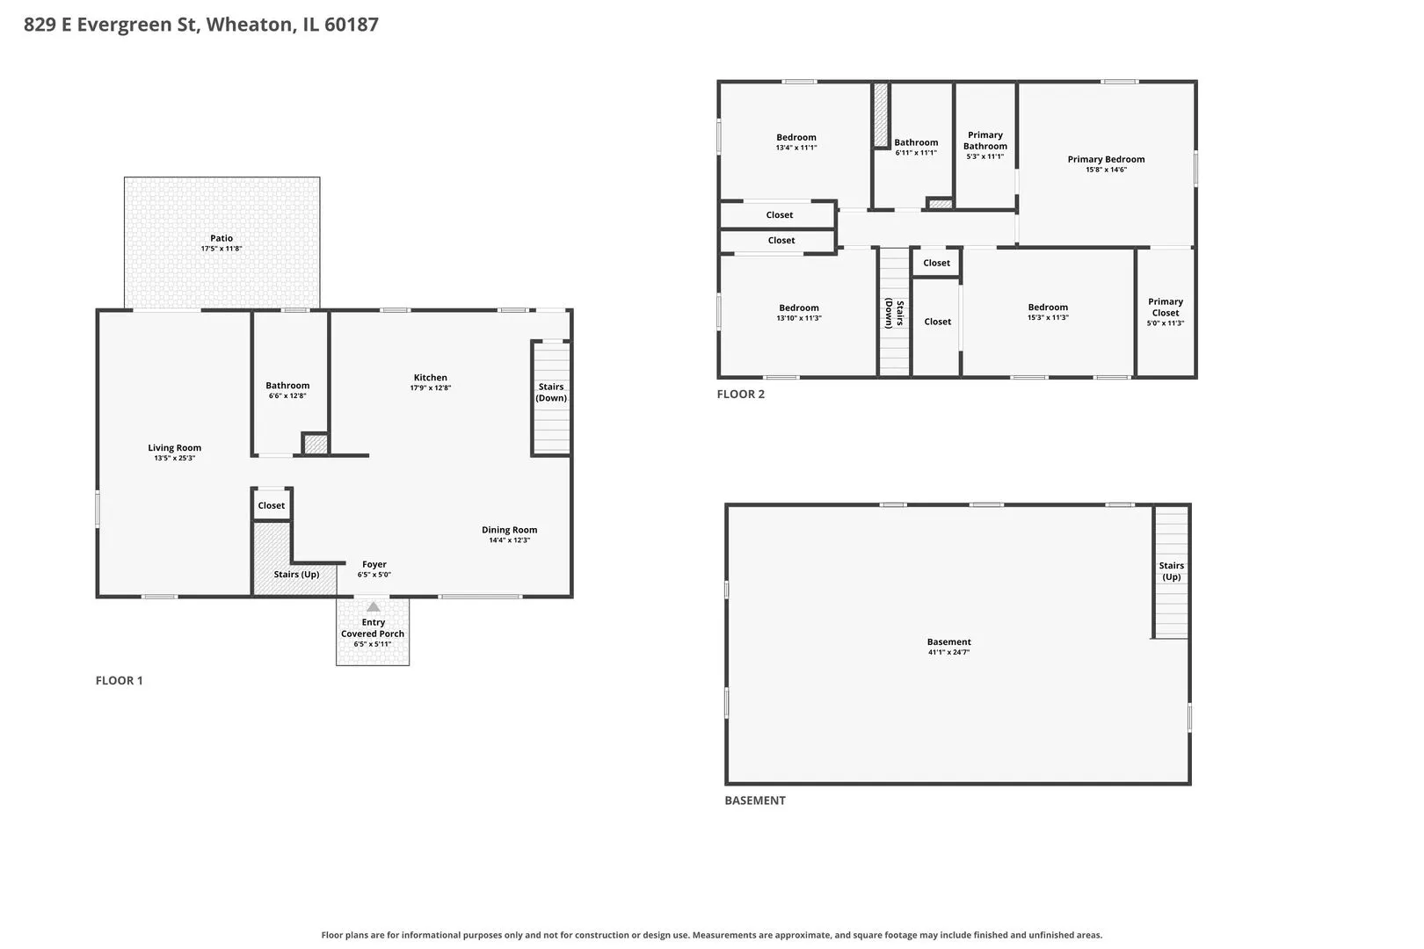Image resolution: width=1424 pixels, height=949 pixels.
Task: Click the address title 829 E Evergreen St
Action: point(112,24)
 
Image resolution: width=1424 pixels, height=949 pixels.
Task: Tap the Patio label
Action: point(222,238)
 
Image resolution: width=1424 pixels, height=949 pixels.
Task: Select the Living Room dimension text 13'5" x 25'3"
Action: point(174,459)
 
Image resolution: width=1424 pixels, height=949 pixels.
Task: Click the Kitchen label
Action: point(431,378)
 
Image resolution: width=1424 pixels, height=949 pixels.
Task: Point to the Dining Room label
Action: point(509,530)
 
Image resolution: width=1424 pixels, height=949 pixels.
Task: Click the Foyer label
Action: point(374,564)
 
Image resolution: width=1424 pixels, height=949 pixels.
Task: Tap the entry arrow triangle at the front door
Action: point(374,607)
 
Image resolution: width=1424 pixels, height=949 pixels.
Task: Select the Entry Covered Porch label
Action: point(373,628)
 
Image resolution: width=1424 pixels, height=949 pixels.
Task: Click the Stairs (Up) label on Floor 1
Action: point(296,575)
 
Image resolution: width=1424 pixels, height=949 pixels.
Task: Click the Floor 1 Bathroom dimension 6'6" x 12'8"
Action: point(287,396)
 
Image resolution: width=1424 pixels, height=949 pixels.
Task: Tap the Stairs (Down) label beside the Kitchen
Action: point(551,392)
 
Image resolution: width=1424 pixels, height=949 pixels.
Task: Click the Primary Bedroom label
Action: point(1106,160)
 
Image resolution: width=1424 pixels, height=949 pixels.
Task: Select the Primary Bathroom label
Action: point(985,141)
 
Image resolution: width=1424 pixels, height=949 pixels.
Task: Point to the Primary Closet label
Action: point(1166,307)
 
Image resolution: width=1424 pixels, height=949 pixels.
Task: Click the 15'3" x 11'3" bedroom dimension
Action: point(1048,318)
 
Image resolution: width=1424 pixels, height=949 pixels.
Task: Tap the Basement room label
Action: point(949,642)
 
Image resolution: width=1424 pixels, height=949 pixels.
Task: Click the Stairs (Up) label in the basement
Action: point(1171,571)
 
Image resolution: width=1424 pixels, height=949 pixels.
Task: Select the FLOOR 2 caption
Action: point(741,394)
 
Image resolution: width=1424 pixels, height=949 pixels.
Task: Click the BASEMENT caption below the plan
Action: point(755,800)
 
